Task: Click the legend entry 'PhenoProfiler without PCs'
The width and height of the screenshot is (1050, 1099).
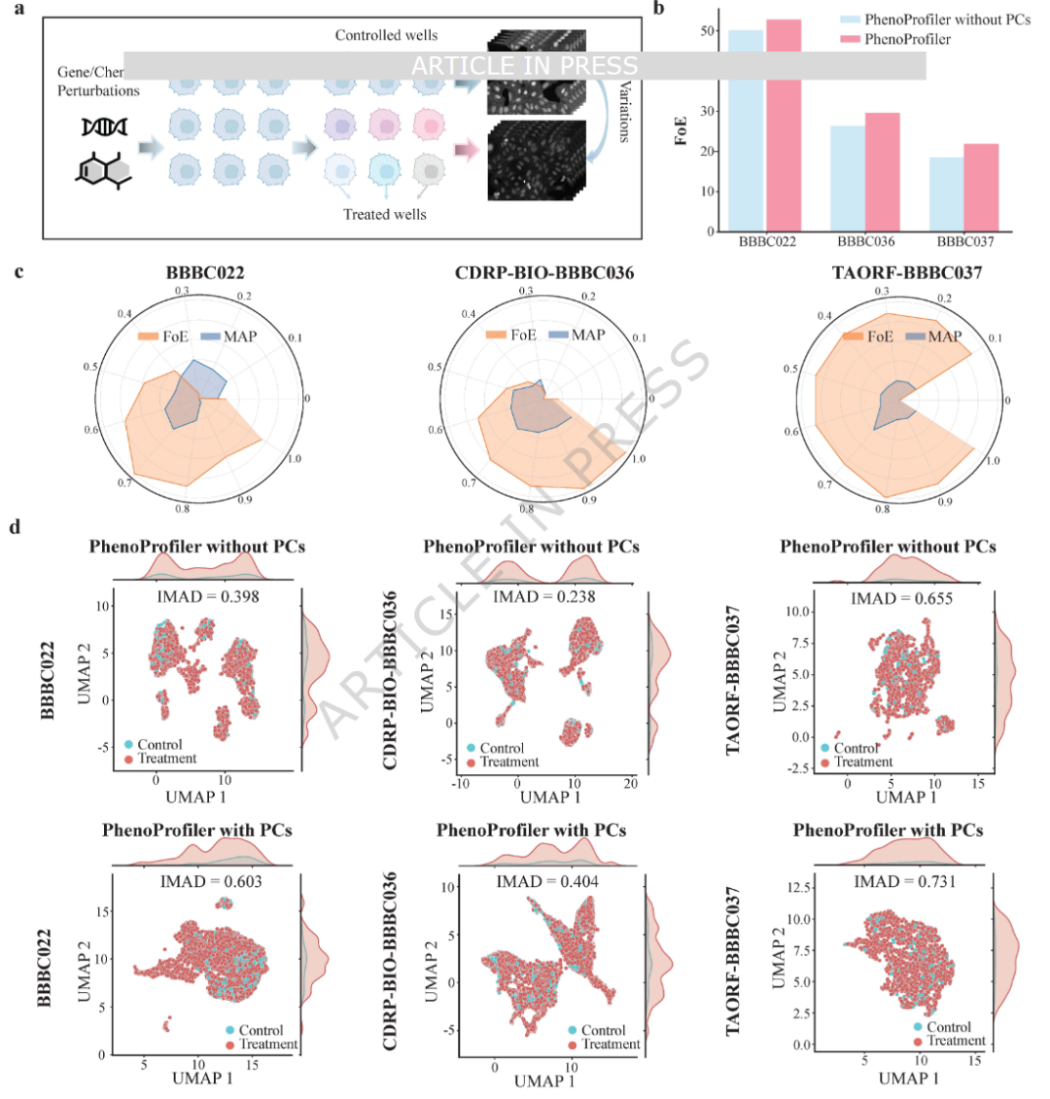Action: [x=933, y=19]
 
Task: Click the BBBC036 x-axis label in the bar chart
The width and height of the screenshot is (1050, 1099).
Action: [x=865, y=242]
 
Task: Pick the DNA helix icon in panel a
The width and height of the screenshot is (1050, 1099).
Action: [x=103, y=125]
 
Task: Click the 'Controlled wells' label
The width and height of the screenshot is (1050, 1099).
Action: [x=386, y=35]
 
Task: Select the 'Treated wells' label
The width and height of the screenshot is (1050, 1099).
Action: [x=385, y=214]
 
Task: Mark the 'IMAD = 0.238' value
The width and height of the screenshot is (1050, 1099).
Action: [x=544, y=596]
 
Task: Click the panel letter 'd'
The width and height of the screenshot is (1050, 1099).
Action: [x=15, y=526]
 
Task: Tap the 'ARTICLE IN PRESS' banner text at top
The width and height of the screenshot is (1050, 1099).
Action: [x=525, y=66]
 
